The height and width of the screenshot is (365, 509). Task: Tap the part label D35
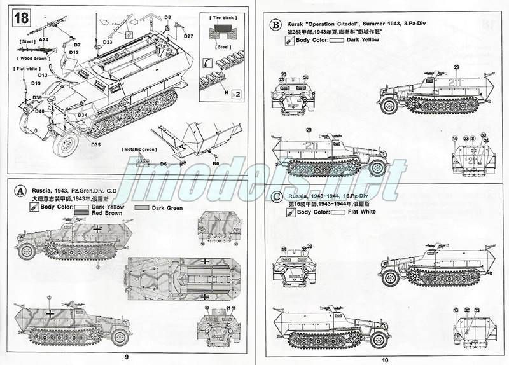95,144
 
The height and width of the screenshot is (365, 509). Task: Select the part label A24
43,39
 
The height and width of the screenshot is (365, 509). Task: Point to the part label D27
188,36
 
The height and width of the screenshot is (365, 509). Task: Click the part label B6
216,163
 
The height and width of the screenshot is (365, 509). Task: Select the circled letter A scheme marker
20,190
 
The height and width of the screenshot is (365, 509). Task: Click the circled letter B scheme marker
275,25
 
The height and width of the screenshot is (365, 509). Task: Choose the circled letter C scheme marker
275,196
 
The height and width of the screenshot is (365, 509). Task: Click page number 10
384,357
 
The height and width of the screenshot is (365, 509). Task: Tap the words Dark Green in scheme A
165,207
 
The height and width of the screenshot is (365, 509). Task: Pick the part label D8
168,17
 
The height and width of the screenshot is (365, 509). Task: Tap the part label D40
39,111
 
